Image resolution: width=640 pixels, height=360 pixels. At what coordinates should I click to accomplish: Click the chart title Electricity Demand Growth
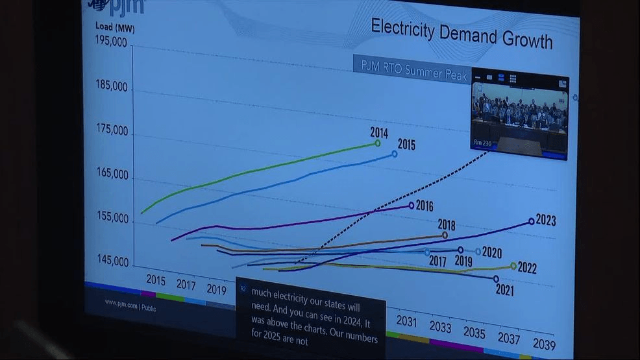[x=462, y=34]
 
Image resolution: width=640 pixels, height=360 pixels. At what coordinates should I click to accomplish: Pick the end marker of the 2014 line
[x=378, y=143]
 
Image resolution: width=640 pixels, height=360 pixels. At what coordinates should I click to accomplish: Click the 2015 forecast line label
[x=406, y=145]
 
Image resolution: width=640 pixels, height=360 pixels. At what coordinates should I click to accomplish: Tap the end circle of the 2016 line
[x=412, y=206]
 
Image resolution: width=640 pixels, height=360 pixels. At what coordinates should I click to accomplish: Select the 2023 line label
[x=545, y=221]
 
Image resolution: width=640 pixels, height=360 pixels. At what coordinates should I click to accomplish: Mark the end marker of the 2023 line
[x=532, y=221]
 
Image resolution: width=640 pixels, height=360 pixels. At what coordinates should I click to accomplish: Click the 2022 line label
[x=526, y=268]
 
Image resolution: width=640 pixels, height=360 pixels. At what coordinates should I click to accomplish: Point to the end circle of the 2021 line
[x=496, y=279]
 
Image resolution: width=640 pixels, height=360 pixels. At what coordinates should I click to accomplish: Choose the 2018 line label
[x=446, y=225]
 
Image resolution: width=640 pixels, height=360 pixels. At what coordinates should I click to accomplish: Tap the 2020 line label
[x=491, y=253]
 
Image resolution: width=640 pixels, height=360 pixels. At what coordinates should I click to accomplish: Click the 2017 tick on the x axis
[x=186, y=284]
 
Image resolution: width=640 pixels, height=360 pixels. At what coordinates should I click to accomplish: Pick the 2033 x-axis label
[x=440, y=326]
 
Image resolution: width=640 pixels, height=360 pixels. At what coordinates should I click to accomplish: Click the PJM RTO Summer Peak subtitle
[x=410, y=73]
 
